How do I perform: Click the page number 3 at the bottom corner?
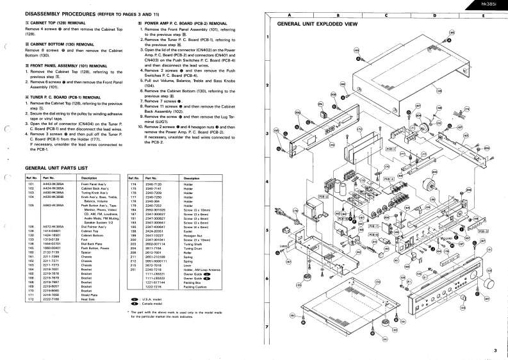click(x=495, y=350)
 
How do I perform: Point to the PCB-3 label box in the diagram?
click(x=343, y=218)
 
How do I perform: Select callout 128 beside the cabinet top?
click(x=439, y=90)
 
